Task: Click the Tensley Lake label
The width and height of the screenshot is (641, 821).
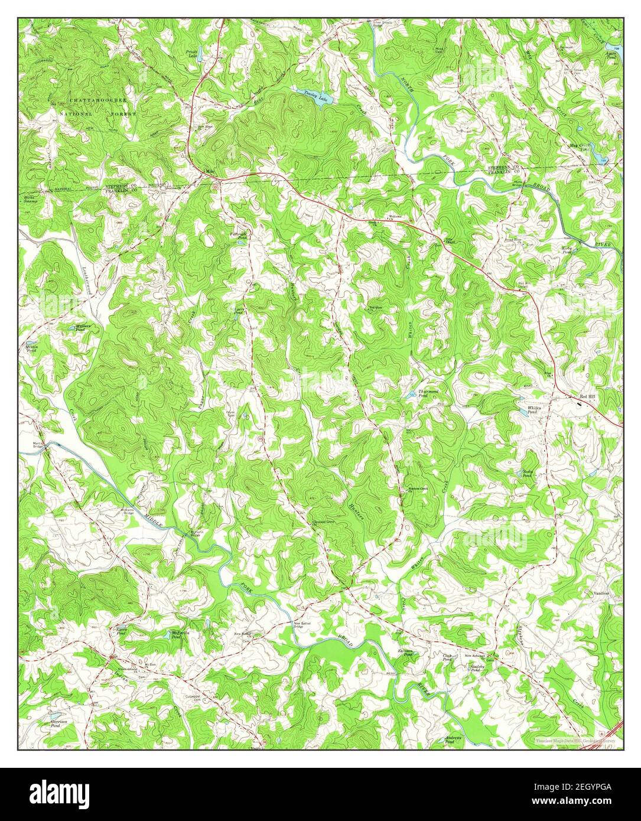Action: [315, 95]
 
